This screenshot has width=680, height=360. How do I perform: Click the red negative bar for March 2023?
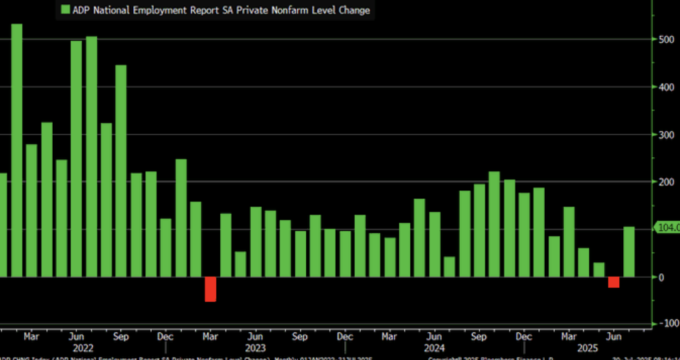211,289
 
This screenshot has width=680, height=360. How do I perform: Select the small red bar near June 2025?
614,282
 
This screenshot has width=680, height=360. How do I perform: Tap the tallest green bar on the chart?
17,150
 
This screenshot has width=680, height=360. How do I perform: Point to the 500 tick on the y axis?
665,39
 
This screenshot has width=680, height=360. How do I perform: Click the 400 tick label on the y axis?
665,87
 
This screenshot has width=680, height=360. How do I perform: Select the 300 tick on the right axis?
665,135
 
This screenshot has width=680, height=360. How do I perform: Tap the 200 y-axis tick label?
665,182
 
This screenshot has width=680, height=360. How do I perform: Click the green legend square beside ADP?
65,10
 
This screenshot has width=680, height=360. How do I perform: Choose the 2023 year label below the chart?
255,347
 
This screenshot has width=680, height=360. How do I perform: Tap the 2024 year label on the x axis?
434,347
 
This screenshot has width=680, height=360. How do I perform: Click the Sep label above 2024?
479,336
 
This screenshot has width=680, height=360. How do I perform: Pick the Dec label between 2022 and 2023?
166,336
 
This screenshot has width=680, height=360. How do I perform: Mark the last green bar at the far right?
628,252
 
